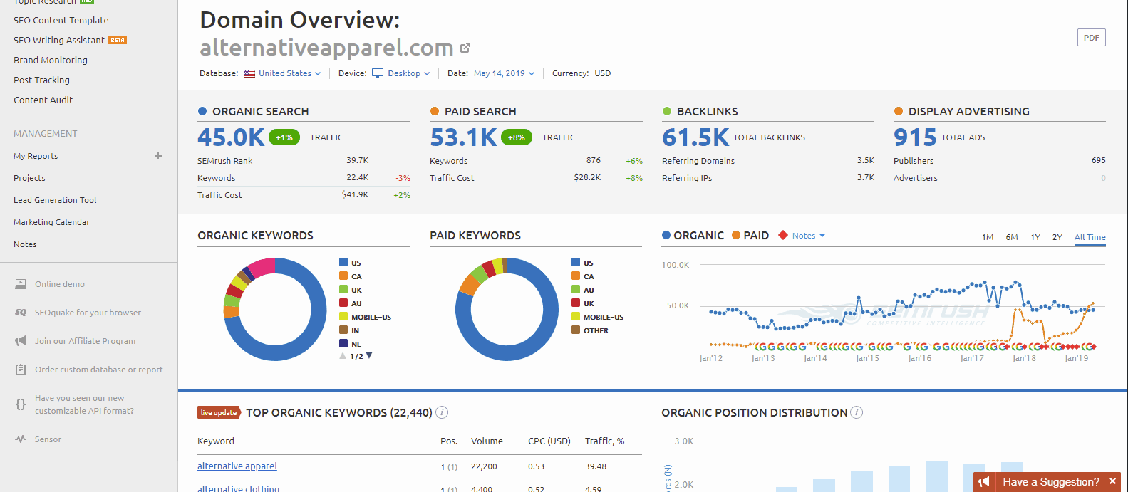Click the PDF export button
coord(1091,38)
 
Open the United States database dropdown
coord(284,73)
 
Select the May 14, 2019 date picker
coord(503,73)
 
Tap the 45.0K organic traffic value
coord(231,137)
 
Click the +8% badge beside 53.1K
coord(517,137)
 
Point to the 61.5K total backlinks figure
coord(695,137)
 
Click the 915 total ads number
coord(915,137)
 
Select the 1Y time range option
coord(1035,237)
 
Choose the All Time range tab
coord(1090,237)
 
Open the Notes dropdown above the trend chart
coord(807,236)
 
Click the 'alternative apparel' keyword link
coord(237,466)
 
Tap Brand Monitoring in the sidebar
coord(51,61)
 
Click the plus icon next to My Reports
coord(158,156)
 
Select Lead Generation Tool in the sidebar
coord(55,200)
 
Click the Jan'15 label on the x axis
coord(867,358)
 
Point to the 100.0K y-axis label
coord(676,265)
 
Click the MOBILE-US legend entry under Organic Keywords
coord(371,317)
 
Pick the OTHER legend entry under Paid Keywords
coord(596,330)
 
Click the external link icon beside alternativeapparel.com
coord(465,48)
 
